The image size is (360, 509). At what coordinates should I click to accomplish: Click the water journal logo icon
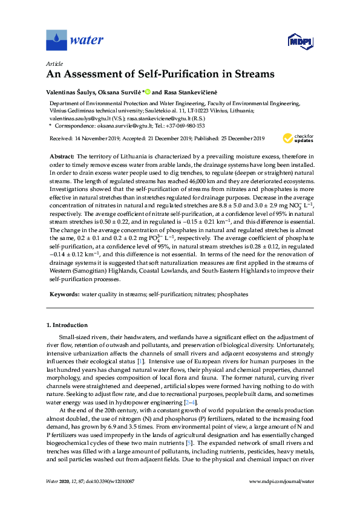tap(56, 41)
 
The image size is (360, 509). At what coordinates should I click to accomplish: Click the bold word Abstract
tap(61, 156)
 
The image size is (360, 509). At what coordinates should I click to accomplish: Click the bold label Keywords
tap(64, 294)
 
